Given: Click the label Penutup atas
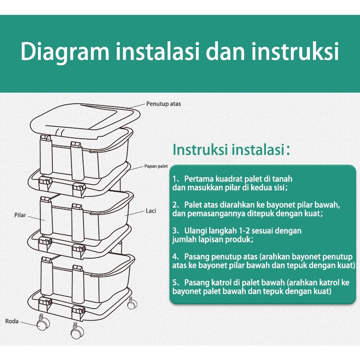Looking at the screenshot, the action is click(x=164, y=104).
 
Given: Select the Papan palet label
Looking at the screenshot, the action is click(x=156, y=167).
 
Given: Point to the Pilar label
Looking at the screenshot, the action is click(x=20, y=216).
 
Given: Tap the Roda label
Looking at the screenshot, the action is click(x=12, y=321).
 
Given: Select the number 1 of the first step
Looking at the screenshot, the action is click(x=175, y=179).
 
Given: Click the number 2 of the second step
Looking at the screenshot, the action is click(x=175, y=204).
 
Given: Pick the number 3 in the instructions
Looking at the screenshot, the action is click(x=175, y=230).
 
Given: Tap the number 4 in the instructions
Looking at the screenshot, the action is click(x=175, y=257).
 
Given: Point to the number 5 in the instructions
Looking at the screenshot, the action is click(x=175, y=282).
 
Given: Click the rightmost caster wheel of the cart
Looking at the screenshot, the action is click(x=131, y=303).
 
